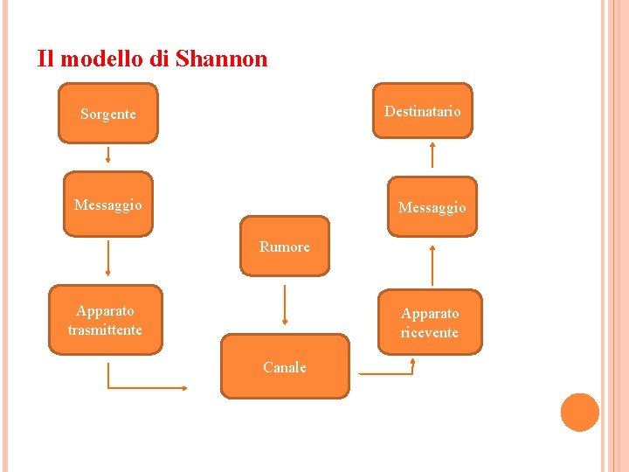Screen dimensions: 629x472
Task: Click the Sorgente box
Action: [x=107, y=113]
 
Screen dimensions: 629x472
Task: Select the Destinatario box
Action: [x=422, y=111]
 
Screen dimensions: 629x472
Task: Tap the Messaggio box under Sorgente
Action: [x=107, y=205]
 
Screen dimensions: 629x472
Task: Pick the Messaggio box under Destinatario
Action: [x=432, y=207]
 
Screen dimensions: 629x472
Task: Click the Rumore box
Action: [x=285, y=246]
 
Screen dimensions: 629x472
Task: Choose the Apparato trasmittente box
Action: [x=105, y=320]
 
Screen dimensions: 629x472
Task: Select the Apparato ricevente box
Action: [x=430, y=323]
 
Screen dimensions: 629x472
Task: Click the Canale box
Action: [x=285, y=367]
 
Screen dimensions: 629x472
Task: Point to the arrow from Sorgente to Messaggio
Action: [x=108, y=155]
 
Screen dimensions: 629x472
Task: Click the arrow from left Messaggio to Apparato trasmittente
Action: [x=108, y=258]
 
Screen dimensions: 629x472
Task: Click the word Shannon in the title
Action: [x=221, y=59]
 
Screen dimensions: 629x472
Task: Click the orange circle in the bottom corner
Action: [x=579, y=413]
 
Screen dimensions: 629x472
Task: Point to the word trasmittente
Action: [x=105, y=330]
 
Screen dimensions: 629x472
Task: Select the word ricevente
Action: [x=430, y=333]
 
